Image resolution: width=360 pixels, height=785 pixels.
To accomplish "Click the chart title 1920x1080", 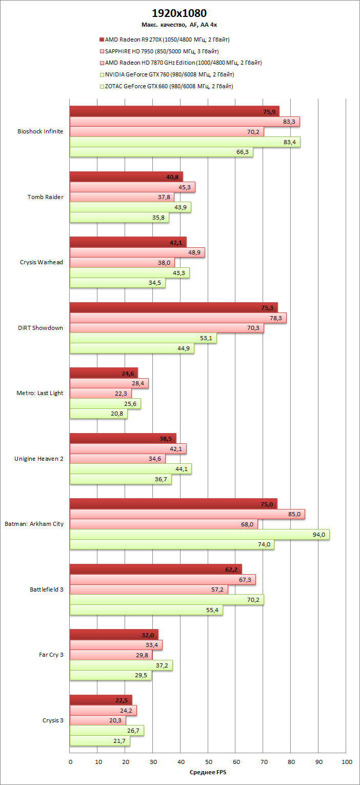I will (179, 13).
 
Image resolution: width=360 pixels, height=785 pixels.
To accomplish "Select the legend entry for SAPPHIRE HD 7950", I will (162, 51).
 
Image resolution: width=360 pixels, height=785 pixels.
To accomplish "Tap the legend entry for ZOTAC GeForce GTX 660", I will (169, 86).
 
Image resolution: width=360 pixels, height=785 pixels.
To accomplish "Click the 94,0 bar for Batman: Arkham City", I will (199, 535).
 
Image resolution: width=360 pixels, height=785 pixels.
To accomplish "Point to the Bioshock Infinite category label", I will (41, 131).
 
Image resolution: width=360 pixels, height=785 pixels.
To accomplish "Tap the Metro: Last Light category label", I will (40, 393).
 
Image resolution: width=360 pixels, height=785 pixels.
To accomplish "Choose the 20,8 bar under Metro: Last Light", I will (98, 414).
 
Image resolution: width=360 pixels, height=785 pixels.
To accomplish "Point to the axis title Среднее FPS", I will (209, 772).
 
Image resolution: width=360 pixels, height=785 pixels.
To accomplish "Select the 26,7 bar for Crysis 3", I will (107, 731).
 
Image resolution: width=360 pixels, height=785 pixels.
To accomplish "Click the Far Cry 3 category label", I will (51, 655).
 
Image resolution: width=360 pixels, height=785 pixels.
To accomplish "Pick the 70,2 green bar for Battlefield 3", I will (167, 600).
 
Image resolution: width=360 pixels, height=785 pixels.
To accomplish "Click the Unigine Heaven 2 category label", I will (39, 459).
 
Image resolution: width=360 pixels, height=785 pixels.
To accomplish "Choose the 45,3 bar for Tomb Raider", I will (132, 187).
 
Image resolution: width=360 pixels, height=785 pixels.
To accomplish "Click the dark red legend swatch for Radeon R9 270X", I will (102, 39).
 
